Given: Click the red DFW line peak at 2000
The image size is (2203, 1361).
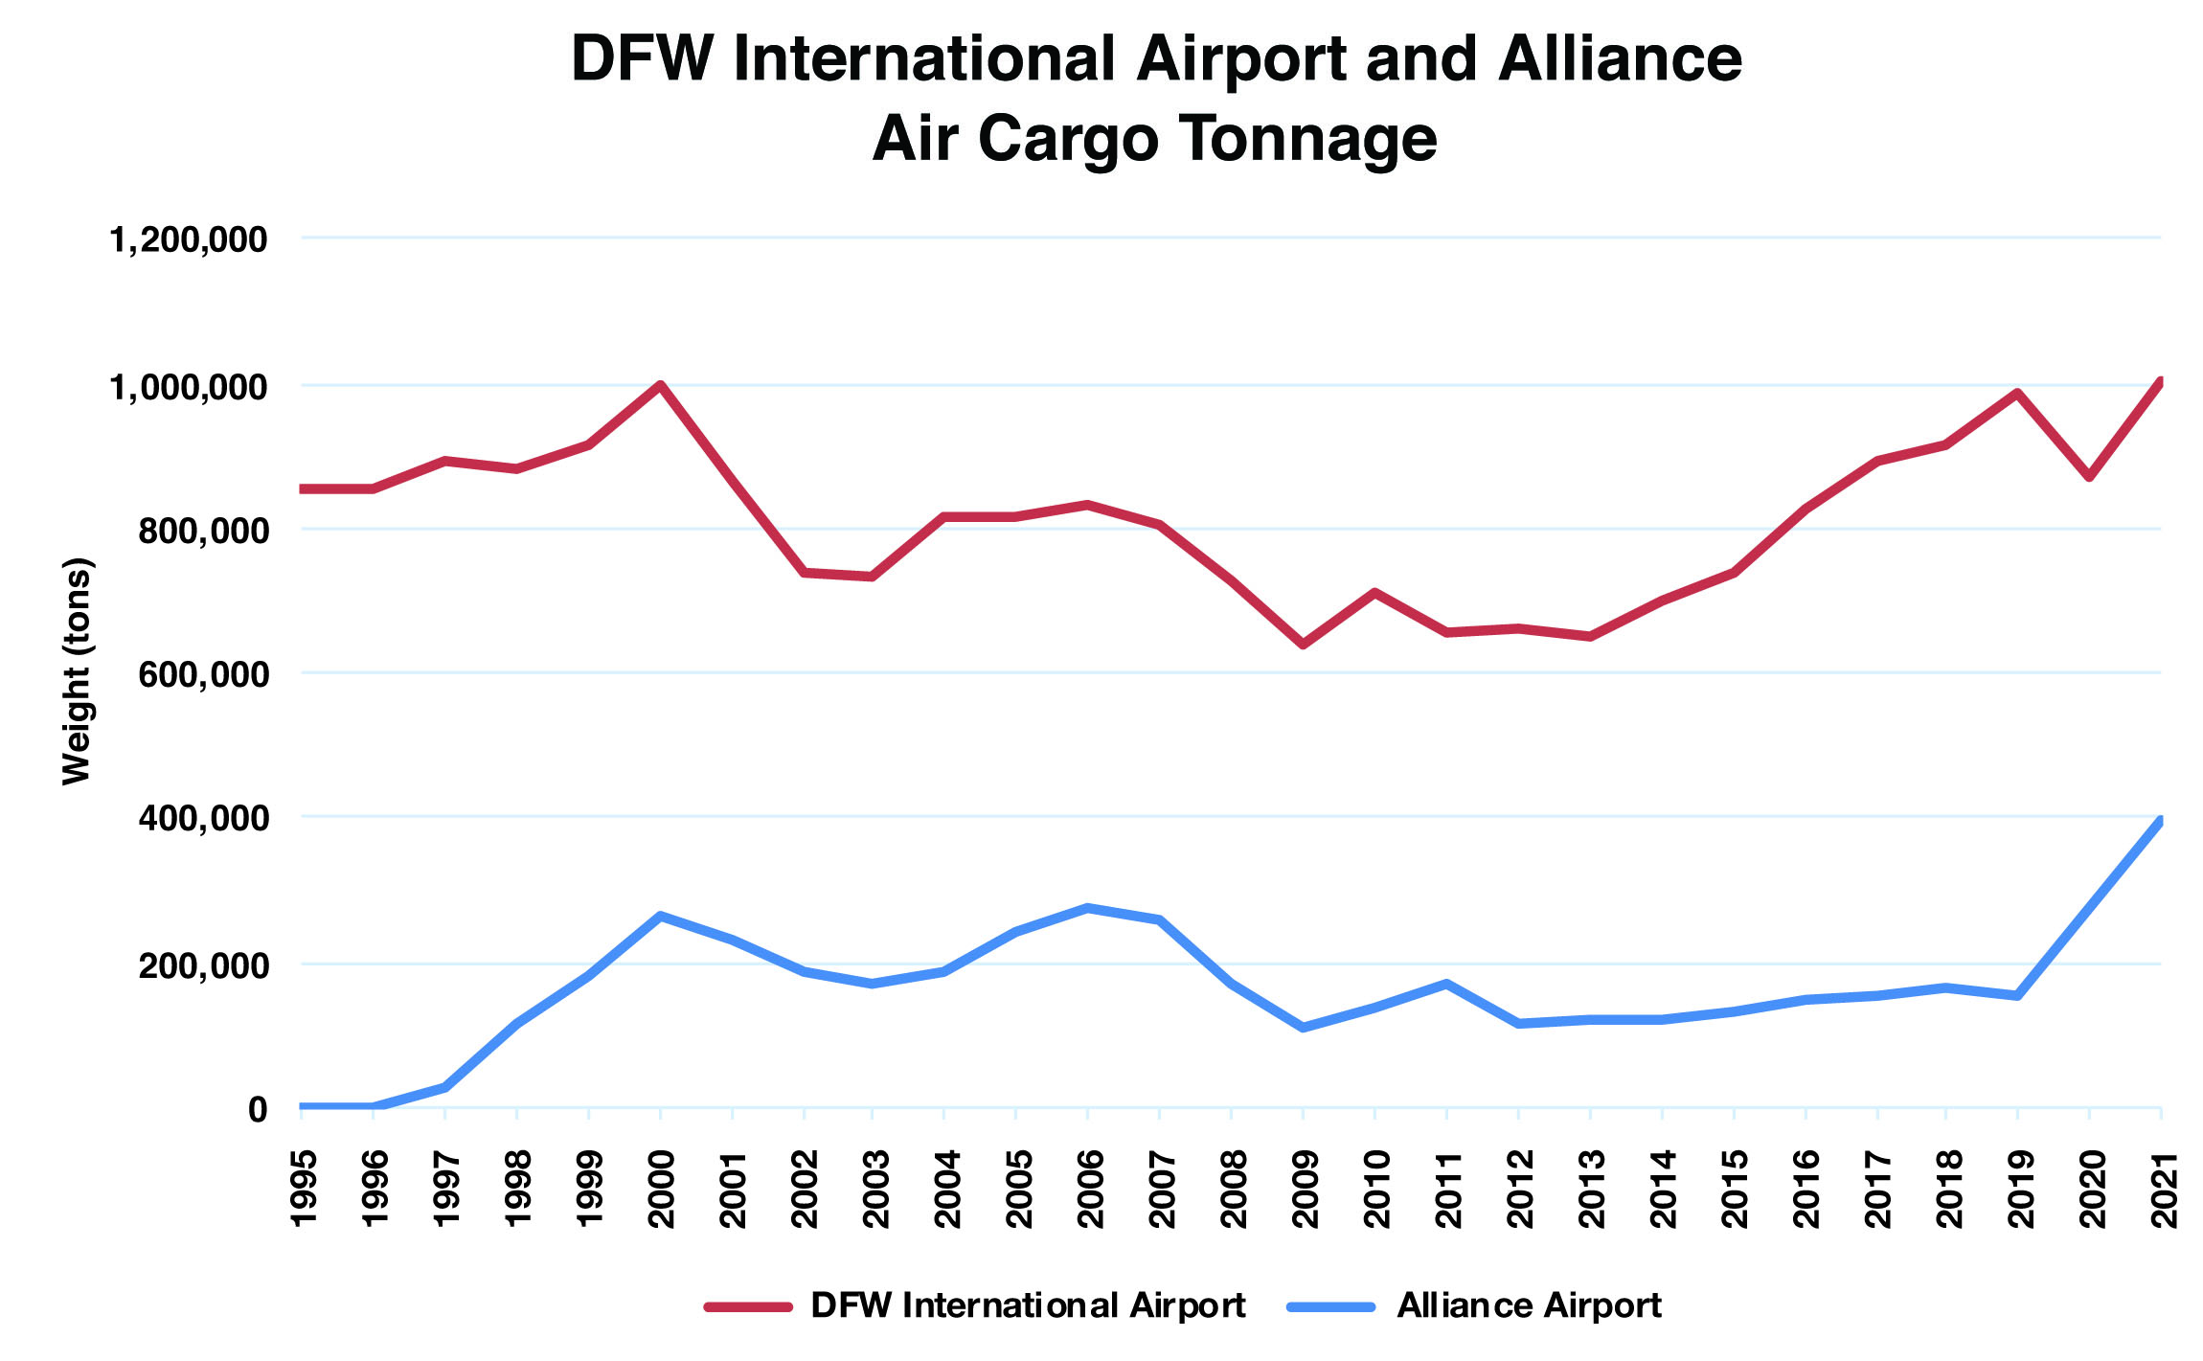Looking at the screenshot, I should click(x=660, y=384).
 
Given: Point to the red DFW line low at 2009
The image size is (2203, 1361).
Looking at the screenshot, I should click(x=1303, y=645).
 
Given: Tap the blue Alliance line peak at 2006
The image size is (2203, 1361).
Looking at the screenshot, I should click(x=1088, y=907).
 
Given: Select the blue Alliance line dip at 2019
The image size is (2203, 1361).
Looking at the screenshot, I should click(x=2018, y=996).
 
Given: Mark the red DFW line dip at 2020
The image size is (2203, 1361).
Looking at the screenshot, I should click(x=2089, y=477).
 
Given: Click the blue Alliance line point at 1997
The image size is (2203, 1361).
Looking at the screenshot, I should click(x=445, y=1087).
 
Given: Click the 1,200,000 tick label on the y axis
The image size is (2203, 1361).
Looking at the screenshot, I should click(x=188, y=239).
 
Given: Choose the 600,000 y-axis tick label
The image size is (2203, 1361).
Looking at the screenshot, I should click(x=202, y=675).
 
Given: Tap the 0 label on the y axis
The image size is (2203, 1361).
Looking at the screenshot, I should click(x=257, y=1110).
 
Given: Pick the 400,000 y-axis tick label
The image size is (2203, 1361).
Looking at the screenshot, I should click(x=202, y=819).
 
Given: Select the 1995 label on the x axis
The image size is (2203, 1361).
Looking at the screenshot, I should click(x=303, y=1189).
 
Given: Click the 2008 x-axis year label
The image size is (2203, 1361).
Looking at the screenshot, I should click(x=1233, y=1189).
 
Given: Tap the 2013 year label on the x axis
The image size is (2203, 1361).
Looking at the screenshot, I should click(x=1591, y=1189).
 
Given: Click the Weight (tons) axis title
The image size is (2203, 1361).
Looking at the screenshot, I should click(x=77, y=670).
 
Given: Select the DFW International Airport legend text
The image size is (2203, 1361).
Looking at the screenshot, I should click(x=1028, y=1305).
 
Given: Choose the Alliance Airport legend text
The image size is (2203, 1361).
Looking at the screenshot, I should click(x=1529, y=1305).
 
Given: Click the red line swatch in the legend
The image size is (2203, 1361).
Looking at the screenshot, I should click(x=749, y=1306).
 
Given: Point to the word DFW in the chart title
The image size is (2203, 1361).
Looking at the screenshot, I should click(x=642, y=59).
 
